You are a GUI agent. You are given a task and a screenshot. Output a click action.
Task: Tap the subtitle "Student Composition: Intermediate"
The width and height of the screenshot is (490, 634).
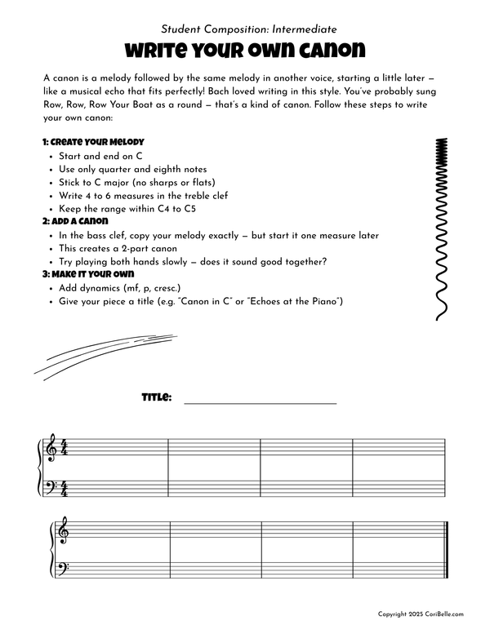coord(244,29)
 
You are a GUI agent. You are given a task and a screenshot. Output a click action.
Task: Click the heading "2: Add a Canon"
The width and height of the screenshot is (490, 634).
coord(76,221)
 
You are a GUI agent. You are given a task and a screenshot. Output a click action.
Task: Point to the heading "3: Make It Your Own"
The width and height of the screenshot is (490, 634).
coord(87,274)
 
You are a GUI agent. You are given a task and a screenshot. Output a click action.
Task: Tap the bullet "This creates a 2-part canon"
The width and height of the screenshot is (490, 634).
coord(124,248)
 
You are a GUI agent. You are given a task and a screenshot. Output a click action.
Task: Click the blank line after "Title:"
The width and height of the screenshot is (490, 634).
coord(261,402)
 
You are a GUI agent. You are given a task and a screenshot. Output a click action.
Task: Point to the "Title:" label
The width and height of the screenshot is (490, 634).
coord(157,397)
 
